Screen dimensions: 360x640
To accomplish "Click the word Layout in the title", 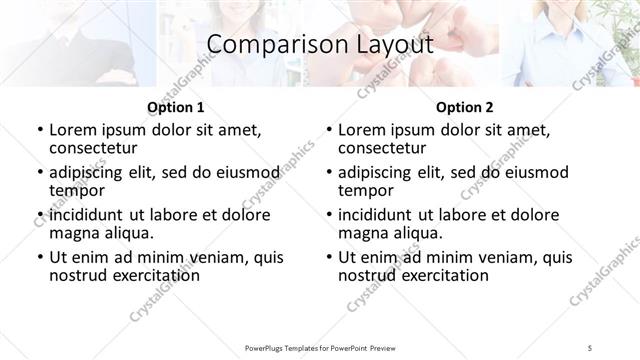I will pos(387,45).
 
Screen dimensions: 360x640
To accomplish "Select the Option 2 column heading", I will pos(464,107).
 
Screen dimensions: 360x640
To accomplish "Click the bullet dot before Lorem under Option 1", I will pos(38,131).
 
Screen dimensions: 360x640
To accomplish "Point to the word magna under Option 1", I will pos(72,233).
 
